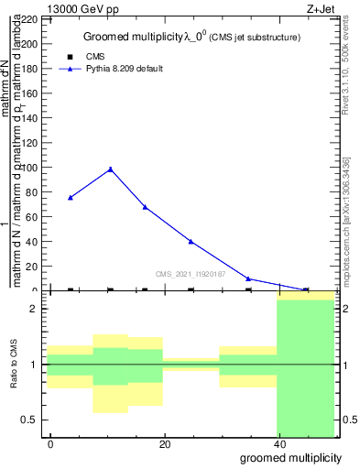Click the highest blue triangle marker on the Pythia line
coord(111,169)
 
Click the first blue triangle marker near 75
coord(71,197)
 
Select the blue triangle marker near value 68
coord(145,207)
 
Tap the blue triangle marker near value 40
coord(191,241)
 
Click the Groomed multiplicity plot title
coord(191,38)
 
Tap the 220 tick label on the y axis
coord(32,19)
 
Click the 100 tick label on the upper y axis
coord(32,168)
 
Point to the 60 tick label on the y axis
coord(35,217)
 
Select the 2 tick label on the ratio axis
coord(35,309)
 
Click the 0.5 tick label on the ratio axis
coord(31,420)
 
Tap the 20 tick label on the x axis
coord(165,444)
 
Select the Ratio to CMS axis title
coord(14,365)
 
